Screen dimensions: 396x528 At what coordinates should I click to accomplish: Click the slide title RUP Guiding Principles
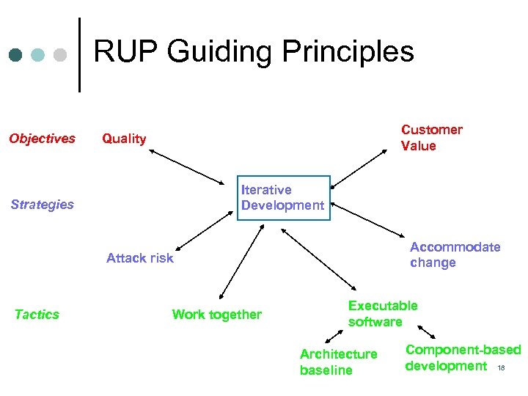click(254, 52)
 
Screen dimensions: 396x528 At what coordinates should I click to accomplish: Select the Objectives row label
click(42, 139)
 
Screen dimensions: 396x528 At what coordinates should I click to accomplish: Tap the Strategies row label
click(43, 205)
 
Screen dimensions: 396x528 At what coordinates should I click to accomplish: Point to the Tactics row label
click(37, 315)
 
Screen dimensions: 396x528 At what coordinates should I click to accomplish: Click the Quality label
click(124, 139)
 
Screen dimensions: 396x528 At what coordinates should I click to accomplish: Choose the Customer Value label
click(431, 138)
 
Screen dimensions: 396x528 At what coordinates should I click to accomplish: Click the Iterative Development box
click(283, 198)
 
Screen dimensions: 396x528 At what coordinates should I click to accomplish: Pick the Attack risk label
click(140, 257)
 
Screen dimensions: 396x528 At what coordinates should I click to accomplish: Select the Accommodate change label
click(455, 255)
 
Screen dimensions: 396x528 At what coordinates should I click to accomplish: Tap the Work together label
click(216, 315)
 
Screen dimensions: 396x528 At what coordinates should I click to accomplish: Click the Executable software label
click(382, 314)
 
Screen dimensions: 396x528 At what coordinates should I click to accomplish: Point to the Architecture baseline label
click(338, 362)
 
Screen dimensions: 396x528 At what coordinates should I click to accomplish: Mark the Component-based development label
click(462, 358)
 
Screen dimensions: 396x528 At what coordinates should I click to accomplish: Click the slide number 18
click(502, 367)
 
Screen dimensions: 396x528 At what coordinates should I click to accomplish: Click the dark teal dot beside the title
click(15, 55)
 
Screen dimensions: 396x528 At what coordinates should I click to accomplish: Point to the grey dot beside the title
click(61, 55)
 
